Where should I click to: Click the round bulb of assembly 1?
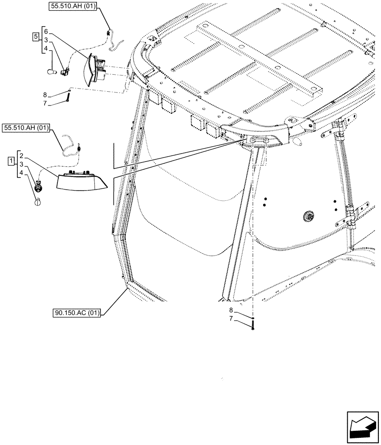38,202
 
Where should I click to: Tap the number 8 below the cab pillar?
231,310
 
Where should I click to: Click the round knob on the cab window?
307,216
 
